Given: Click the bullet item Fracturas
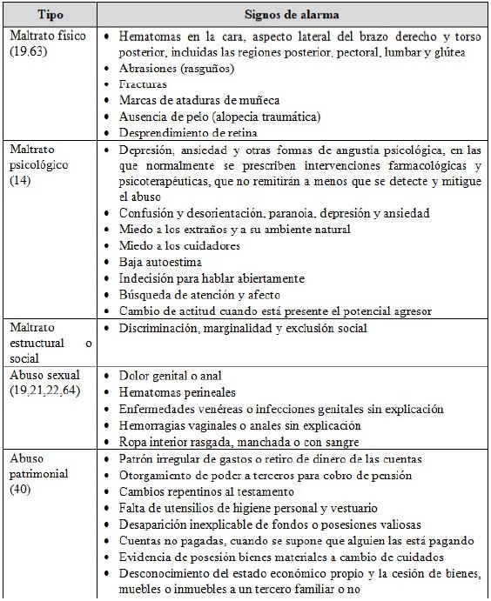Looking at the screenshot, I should coord(145,85).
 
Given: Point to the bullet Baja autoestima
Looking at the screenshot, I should coord(161,261).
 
